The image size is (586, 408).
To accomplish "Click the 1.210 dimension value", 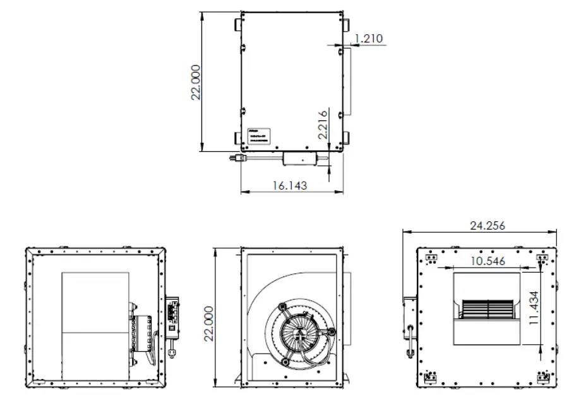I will click(x=369, y=39).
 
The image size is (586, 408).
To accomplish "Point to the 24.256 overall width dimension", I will click(x=487, y=226).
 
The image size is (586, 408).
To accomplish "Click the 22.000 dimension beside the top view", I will click(x=196, y=81).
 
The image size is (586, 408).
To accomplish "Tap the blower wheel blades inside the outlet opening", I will click(x=486, y=309).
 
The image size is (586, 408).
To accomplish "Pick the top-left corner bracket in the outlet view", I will click(x=432, y=259).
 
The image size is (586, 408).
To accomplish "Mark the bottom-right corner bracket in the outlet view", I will click(x=542, y=377).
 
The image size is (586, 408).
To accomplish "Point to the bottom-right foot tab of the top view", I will click(x=346, y=138).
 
